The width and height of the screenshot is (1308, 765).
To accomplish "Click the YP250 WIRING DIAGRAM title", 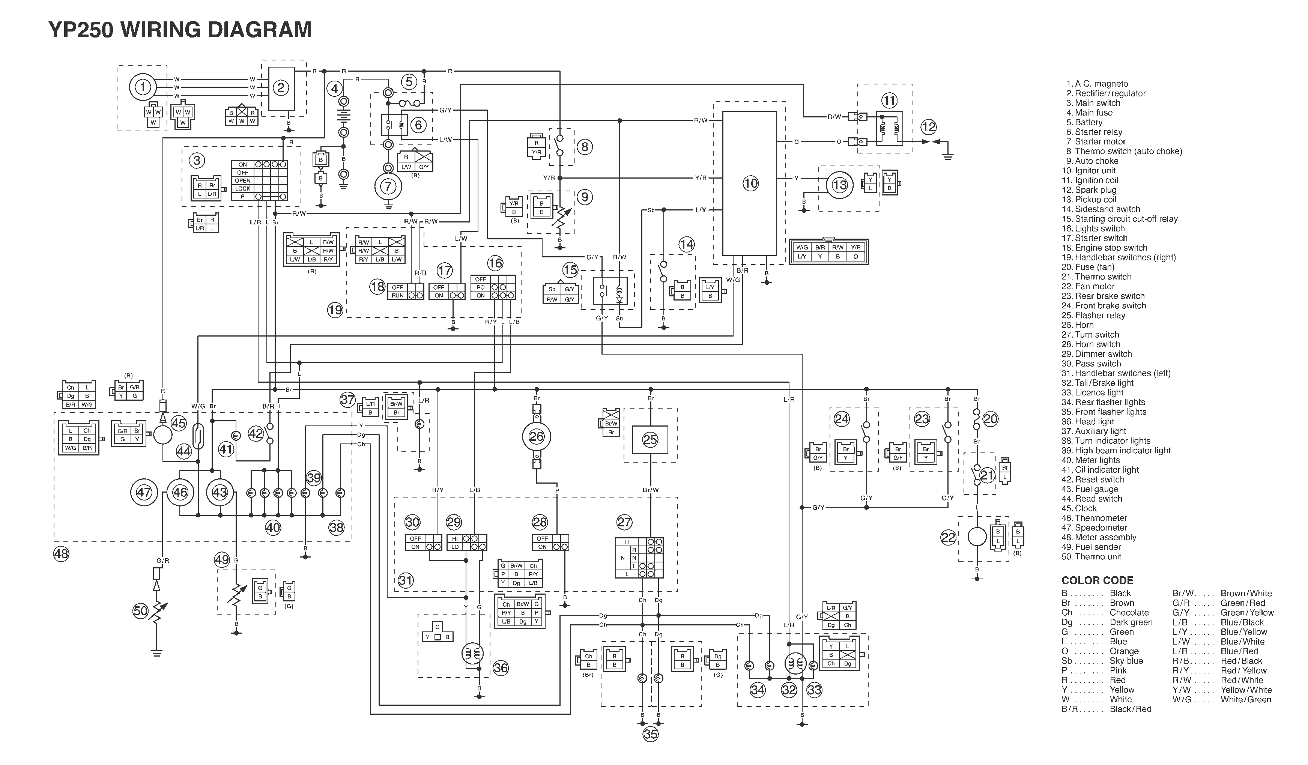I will coord(180,30).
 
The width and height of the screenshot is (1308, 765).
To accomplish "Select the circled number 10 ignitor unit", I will coord(750,183).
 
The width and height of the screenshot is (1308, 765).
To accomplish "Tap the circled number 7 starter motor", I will coord(388,186).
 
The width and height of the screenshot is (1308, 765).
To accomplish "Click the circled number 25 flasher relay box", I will coord(650,440).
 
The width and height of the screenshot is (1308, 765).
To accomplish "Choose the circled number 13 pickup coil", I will coord(839,185).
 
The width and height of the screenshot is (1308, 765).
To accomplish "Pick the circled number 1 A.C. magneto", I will coord(143,87).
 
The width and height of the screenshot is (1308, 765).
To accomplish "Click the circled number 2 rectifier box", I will coord(281,88).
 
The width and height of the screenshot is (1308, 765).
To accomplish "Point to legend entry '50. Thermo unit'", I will coord(1091,557).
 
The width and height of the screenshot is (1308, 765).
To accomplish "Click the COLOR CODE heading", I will coord(1097,581).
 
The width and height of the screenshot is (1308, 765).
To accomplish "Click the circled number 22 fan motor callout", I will coord(948,538).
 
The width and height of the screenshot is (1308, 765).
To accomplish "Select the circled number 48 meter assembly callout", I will coord(61,554).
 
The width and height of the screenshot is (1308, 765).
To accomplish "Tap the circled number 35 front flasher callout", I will coord(650,734).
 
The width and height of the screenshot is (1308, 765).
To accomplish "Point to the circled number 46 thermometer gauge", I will coord(180,492).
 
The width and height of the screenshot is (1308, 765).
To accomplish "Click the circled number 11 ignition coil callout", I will coord(889,100).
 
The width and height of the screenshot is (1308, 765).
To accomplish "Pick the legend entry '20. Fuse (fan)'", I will coord(1087,267).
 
